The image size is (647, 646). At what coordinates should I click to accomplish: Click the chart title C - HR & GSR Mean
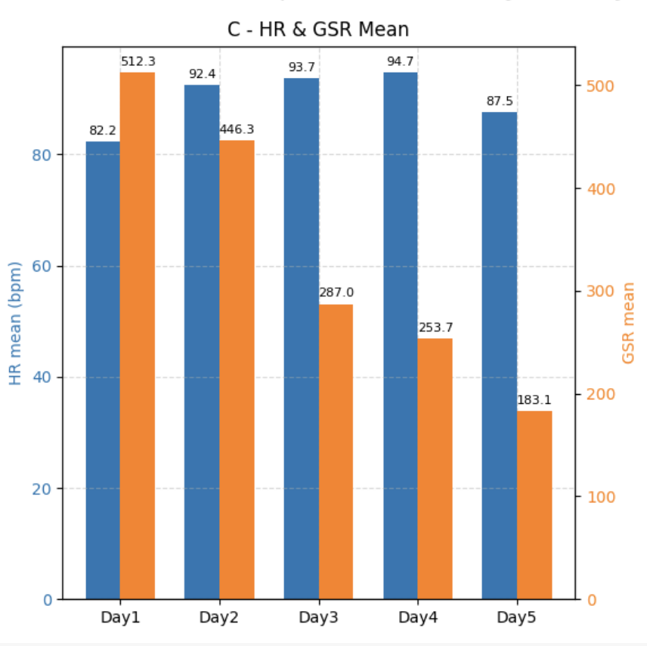point(318,30)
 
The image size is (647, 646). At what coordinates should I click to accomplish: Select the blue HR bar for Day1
point(103,370)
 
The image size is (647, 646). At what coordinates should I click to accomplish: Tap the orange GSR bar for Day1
point(138,336)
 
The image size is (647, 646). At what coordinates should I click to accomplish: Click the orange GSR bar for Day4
point(435,468)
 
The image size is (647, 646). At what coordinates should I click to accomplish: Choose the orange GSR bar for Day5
point(534,505)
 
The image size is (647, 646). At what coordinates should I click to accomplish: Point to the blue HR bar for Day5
point(499,356)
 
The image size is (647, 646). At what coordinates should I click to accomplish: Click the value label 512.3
point(138,61)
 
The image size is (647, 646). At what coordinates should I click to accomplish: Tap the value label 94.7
point(400,61)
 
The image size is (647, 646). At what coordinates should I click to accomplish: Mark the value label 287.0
point(336,293)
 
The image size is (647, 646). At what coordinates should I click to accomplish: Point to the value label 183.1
point(534,400)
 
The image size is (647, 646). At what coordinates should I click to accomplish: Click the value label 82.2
point(103,131)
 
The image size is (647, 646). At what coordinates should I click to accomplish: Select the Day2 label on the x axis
point(219,617)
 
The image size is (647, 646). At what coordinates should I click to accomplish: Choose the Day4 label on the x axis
point(417,617)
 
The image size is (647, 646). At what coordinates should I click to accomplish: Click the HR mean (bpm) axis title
point(15,323)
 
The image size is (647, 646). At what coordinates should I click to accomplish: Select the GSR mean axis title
point(628,323)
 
